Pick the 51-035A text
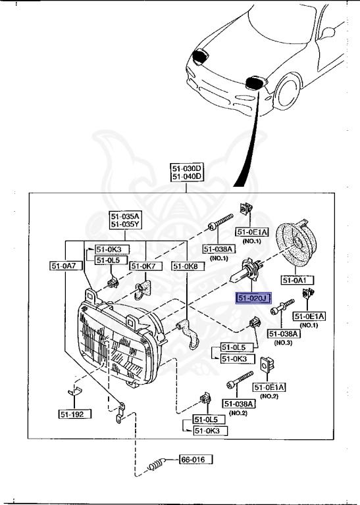[125, 216]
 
